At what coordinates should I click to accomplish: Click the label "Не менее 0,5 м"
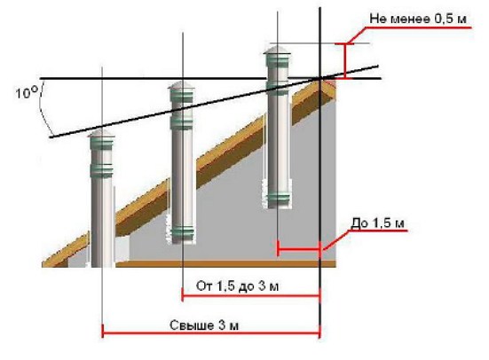coord(418,19)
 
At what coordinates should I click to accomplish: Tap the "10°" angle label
coord(27,92)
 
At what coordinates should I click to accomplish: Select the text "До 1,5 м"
coord(378,223)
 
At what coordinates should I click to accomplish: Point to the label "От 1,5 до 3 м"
coord(237,286)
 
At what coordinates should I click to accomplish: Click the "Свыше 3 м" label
coord(204,325)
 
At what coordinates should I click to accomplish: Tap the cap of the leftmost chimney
coord(101,134)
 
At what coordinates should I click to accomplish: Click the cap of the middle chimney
coord(181,85)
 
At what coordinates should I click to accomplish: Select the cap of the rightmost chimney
coord(277,50)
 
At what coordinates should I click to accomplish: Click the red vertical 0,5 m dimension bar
coord(345,61)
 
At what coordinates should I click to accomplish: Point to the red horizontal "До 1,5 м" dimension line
coord(299,249)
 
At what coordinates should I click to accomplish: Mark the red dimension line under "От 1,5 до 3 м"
coord(251,295)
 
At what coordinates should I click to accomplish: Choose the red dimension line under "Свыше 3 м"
coord(211,333)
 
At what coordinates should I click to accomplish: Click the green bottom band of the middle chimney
coord(183,232)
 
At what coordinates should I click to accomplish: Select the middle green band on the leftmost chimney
coord(101,168)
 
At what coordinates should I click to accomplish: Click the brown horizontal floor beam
coord(226,264)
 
